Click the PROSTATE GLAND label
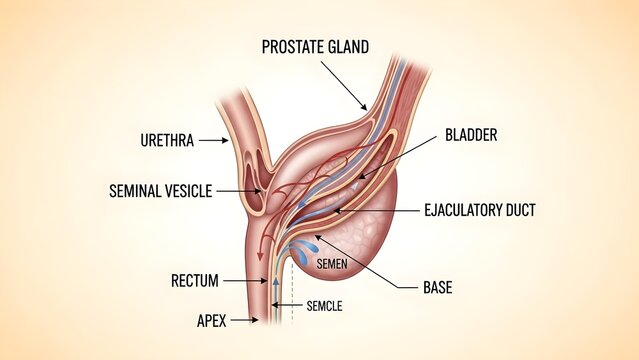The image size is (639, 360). click(x=315, y=47)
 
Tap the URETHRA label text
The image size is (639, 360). click(x=166, y=141)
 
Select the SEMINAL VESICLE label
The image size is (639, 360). click(x=160, y=190)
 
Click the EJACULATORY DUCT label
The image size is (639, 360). click(x=480, y=210)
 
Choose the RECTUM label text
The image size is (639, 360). click(x=195, y=280)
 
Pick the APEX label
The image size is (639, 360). click(x=211, y=320)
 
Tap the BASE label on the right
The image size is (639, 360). click(x=437, y=287)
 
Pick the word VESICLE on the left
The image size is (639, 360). click(x=185, y=190)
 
